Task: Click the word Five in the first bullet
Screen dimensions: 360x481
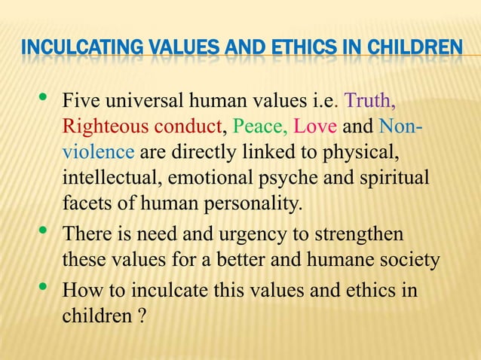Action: pyautogui.click(x=79, y=101)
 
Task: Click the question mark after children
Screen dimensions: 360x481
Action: pyautogui.click(x=141, y=316)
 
